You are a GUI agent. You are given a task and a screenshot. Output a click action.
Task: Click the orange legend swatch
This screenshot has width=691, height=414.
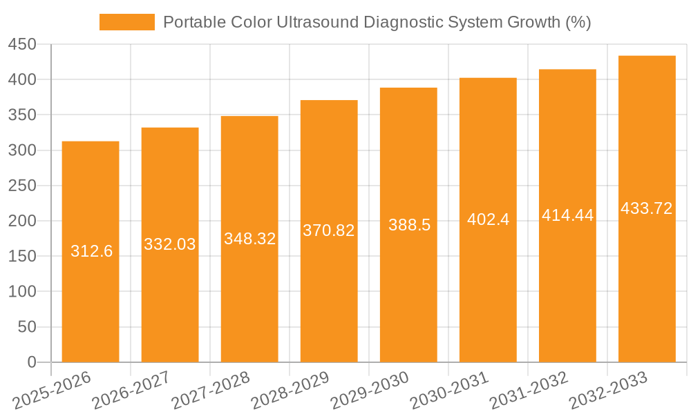tap(126, 22)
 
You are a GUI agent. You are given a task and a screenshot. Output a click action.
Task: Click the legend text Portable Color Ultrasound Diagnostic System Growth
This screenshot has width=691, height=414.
tap(377, 22)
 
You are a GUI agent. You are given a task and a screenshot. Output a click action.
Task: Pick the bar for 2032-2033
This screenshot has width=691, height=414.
tap(647, 290)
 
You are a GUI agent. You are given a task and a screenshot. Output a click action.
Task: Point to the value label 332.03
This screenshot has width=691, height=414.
tap(170, 244)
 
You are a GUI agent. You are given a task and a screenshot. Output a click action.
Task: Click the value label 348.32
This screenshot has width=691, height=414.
tap(249, 239)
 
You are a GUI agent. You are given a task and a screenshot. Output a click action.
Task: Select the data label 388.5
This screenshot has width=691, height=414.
tap(409, 225)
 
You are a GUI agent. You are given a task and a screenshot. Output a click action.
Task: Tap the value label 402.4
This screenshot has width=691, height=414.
tap(488, 219)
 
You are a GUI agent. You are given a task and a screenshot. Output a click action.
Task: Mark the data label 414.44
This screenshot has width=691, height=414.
tap(567, 215)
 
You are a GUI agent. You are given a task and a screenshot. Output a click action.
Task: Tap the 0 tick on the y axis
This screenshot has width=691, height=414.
tap(31, 362)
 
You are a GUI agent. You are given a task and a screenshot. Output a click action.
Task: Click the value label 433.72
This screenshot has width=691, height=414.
tap(647, 208)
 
